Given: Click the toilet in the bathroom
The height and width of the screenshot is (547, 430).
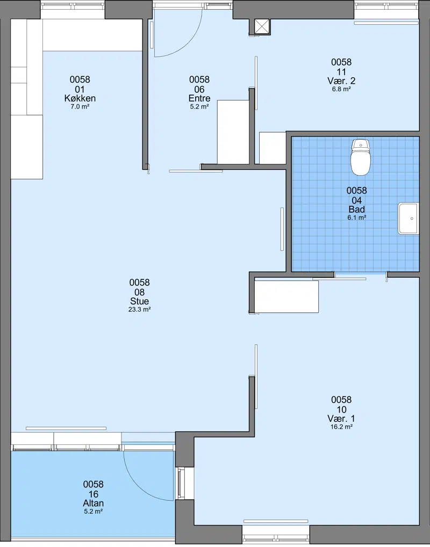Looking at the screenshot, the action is [360, 157].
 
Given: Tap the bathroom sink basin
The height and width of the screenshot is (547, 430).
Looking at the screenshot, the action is [408, 218].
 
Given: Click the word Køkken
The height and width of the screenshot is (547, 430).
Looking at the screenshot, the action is [80, 98].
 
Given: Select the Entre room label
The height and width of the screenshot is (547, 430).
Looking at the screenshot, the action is [199, 98].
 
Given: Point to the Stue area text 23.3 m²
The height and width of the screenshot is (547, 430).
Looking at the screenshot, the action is [140, 310].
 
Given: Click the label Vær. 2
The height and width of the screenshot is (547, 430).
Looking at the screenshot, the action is [341, 81].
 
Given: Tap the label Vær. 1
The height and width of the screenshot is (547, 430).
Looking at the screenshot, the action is [341, 419].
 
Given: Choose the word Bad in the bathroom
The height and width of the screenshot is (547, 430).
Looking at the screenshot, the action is [357, 210].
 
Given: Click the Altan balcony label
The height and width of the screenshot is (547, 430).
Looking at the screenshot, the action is [93, 503].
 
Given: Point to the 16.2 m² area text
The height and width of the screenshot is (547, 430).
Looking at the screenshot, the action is [341, 427].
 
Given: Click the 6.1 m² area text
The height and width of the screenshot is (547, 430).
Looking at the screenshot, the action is [357, 218].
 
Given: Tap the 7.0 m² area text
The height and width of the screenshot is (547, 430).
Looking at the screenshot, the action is [80, 107].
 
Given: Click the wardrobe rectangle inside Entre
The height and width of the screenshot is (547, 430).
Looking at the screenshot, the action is [233, 132].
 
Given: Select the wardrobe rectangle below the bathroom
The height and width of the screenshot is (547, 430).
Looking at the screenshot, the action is [286, 297].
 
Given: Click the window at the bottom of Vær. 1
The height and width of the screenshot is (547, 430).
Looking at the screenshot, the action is [276, 532].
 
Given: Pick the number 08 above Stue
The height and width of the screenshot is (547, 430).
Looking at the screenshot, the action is [140, 292].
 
